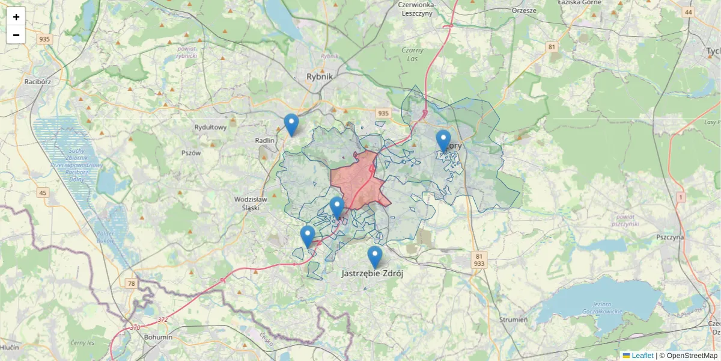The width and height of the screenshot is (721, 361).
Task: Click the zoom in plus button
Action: point(16,17)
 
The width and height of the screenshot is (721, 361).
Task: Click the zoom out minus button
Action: point(16,35)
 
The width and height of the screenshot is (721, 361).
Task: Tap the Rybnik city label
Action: point(319,76)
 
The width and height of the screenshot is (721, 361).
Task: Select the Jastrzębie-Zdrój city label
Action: point(372,273)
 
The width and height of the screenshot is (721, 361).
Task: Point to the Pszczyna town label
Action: point(670,237)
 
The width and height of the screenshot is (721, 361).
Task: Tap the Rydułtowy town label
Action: point(210,128)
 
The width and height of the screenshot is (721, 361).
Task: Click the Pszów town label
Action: point(190,153)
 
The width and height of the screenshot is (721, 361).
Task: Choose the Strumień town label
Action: point(513,319)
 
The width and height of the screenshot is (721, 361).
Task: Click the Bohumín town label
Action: point(158,337)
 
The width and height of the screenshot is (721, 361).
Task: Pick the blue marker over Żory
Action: point(443,141)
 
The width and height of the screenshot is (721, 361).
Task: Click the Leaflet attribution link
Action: point(642,356)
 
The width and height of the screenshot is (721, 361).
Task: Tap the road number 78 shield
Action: point(132,283)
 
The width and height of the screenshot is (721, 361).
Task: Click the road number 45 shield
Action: point(42,193)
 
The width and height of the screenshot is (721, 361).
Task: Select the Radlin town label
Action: point(264,140)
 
